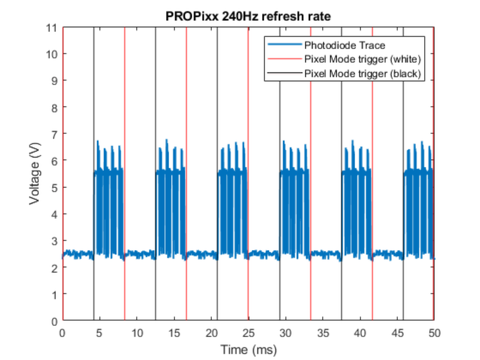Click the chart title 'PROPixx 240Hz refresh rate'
(248, 15)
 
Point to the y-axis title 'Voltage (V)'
(35, 175)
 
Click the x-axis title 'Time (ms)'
(248, 349)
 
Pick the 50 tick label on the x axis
(435, 333)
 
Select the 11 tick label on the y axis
(52, 27)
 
